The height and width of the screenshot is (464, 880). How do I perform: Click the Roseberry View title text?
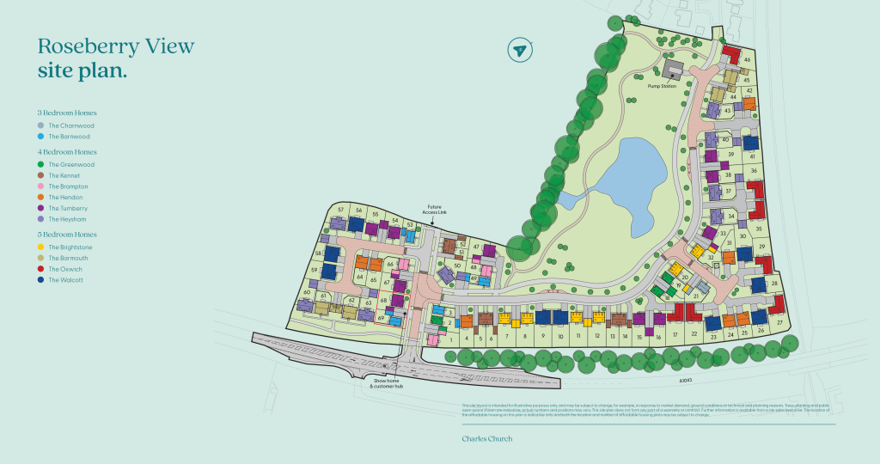point(115,46)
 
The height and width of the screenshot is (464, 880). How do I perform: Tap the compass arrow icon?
point(518,50)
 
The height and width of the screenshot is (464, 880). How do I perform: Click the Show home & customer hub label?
point(388,382)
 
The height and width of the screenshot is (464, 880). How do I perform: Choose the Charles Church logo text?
point(486,439)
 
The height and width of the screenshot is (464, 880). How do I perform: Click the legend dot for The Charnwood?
point(41,125)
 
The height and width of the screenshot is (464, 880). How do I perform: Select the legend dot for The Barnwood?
point(41,137)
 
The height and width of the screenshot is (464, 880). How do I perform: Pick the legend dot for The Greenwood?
point(41,164)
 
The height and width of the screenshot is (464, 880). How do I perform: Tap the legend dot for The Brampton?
point(41,186)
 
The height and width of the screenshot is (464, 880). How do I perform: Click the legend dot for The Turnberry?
point(41,209)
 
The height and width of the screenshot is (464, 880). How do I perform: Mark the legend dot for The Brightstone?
point(41,247)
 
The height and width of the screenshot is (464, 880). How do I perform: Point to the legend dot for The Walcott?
point(41,280)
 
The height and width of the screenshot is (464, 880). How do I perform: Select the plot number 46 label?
point(748,60)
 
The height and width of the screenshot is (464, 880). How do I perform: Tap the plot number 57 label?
point(341,210)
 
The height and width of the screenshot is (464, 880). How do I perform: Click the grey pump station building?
point(672,69)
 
